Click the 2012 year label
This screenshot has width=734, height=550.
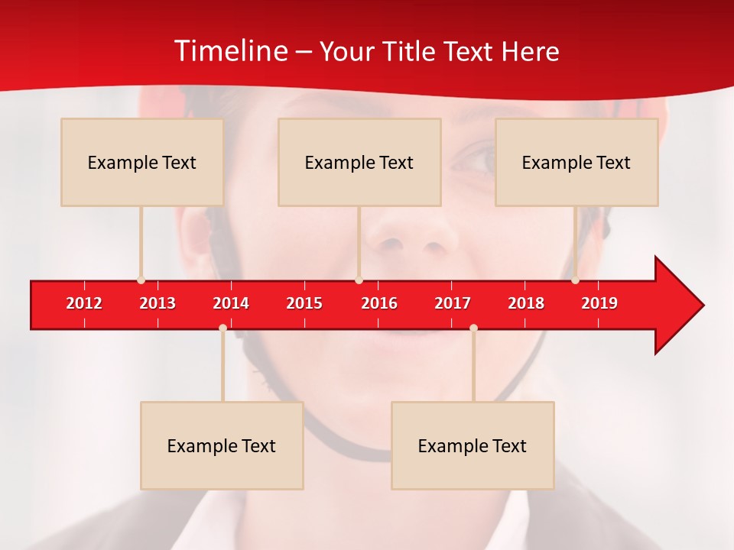tap(84, 303)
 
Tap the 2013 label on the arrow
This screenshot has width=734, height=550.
tap(158, 303)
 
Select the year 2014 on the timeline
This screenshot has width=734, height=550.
tap(231, 303)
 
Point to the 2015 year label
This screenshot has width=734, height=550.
tap(304, 303)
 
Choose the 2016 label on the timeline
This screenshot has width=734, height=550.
tap(379, 303)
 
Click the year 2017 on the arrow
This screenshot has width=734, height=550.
tap(453, 303)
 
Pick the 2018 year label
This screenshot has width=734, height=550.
tap(526, 303)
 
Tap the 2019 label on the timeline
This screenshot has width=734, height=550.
tap(599, 303)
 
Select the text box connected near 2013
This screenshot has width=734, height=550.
tap(142, 162)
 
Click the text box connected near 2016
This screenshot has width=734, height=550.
tap(359, 162)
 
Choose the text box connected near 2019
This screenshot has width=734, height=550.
tap(576, 162)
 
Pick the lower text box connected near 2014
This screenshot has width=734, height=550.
tap(222, 445)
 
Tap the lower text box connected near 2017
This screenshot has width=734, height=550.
tap(473, 445)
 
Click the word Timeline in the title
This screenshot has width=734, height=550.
tap(230, 51)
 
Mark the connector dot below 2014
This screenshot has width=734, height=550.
tap(222, 328)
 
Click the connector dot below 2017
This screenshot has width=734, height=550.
tap(473, 328)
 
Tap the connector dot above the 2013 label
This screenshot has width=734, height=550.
tap(141, 280)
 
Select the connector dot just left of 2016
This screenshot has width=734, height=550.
tap(359, 280)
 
